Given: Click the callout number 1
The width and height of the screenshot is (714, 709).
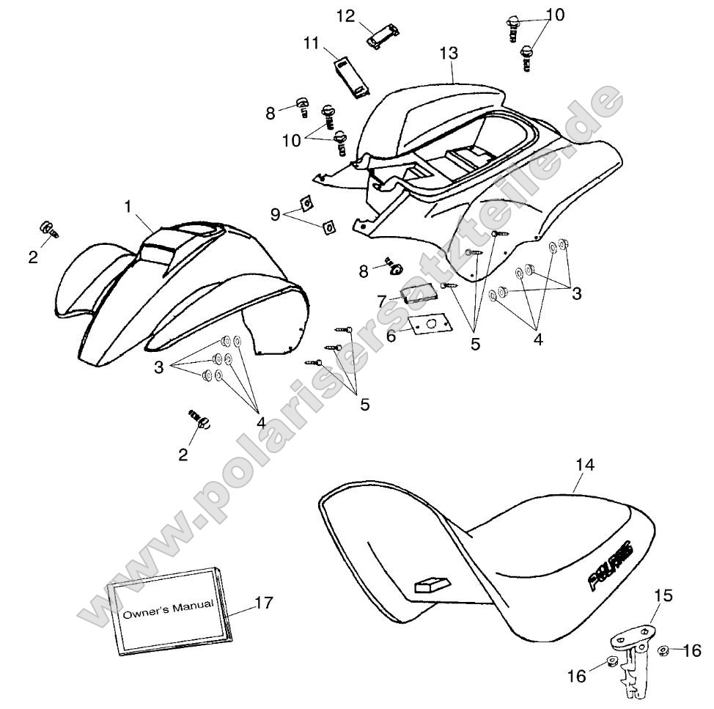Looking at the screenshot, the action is pyautogui.click(x=128, y=207).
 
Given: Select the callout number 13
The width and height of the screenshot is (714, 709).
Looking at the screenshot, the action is pyautogui.click(x=449, y=54).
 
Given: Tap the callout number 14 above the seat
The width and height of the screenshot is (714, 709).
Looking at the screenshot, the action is pyautogui.click(x=585, y=465).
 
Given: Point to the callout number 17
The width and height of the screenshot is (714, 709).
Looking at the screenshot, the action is pyautogui.click(x=264, y=603).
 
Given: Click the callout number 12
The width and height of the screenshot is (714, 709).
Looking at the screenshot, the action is pyautogui.click(x=345, y=16).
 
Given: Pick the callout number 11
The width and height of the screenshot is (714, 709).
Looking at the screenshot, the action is pyautogui.click(x=312, y=43).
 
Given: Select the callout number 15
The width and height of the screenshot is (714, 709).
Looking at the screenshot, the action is pyautogui.click(x=663, y=595).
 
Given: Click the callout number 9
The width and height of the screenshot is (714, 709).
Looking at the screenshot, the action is pyautogui.click(x=275, y=214).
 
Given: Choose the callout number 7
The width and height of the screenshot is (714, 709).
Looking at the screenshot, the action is pyautogui.click(x=382, y=301).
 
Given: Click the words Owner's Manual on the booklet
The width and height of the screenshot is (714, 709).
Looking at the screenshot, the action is pyautogui.click(x=169, y=609).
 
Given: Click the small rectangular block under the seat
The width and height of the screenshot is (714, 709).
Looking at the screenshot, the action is pyautogui.click(x=432, y=585).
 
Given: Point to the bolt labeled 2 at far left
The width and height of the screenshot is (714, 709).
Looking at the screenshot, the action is pyautogui.click(x=48, y=229).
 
